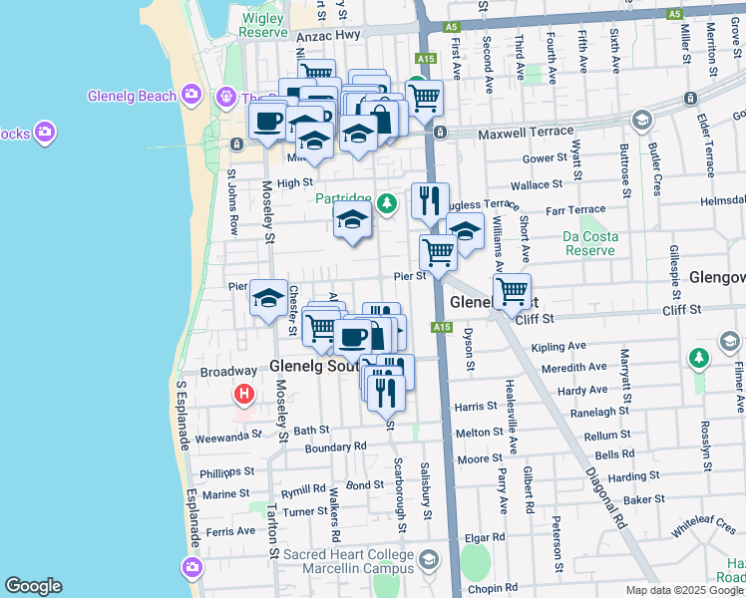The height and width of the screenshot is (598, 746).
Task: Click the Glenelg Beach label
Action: click(x=131, y=97)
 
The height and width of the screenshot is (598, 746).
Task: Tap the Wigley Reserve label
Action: click(x=262, y=24)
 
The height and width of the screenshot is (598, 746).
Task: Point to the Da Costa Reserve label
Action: click(x=589, y=243)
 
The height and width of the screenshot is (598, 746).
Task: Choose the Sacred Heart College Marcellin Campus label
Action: click(x=348, y=561)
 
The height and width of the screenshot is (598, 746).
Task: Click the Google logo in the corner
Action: click(x=33, y=586)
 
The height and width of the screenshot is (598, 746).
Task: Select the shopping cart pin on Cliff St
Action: click(x=512, y=292)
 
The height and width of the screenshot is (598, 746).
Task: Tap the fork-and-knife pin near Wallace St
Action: click(x=430, y=199)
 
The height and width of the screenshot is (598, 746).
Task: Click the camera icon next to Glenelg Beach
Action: click(x=192, y=97)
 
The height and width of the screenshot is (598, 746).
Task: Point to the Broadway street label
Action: click(x=228, y=371)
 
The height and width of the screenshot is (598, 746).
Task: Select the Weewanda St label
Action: click(x=227, y=436)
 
